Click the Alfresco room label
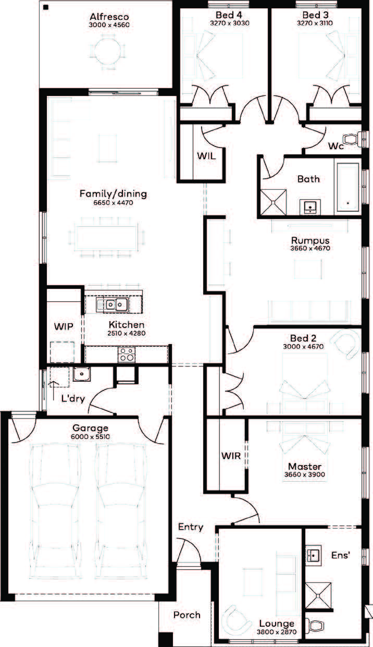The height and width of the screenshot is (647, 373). coord(109,17)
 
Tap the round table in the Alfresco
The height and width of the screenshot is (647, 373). coord(107,52)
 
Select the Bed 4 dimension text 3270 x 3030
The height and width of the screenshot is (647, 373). coord(230,23)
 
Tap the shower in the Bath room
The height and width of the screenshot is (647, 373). coord(273,202)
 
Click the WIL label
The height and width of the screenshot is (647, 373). coord(206,156)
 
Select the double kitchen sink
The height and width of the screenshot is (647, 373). coord(113,304)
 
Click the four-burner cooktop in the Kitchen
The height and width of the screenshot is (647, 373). coord(127,355)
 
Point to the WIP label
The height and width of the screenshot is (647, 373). coord(64,327)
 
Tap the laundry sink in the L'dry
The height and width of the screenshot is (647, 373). coord(82,374)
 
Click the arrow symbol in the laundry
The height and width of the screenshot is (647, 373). coord(54,390)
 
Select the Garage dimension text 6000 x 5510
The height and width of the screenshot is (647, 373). coord(90,436)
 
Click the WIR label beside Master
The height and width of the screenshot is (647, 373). coord(231,456)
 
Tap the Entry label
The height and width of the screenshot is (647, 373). coord(191,527)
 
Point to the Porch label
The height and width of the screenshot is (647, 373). coord(187,615)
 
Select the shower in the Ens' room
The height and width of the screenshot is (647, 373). coord(318,595)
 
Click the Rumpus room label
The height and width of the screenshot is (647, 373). coord(310,240)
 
